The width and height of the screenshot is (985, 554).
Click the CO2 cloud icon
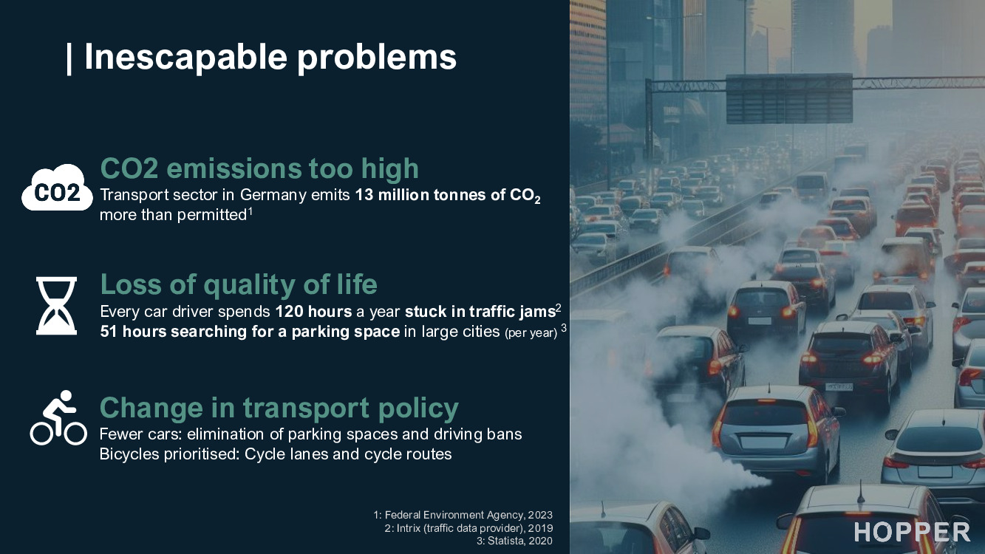(x=57, y=189)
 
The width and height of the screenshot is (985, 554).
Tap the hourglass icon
(x=56, y=305)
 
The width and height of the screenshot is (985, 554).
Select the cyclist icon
(x=58, y=418)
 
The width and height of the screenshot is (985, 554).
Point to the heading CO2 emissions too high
(x=259, y=168)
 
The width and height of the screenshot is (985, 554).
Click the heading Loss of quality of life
(x=238, y=284)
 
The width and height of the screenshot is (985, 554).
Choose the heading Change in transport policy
(x=279, y=408)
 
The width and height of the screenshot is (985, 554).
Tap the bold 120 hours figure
(x=313, y=311)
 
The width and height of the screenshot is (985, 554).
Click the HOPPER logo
(x=912, y=532)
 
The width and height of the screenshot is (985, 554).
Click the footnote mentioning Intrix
(x=468, y=528)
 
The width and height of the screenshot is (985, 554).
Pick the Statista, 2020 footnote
(x=514, y=541)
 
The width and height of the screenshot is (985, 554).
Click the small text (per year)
(x=530, y=333)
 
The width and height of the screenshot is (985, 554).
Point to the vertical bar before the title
(x=69, y=58)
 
